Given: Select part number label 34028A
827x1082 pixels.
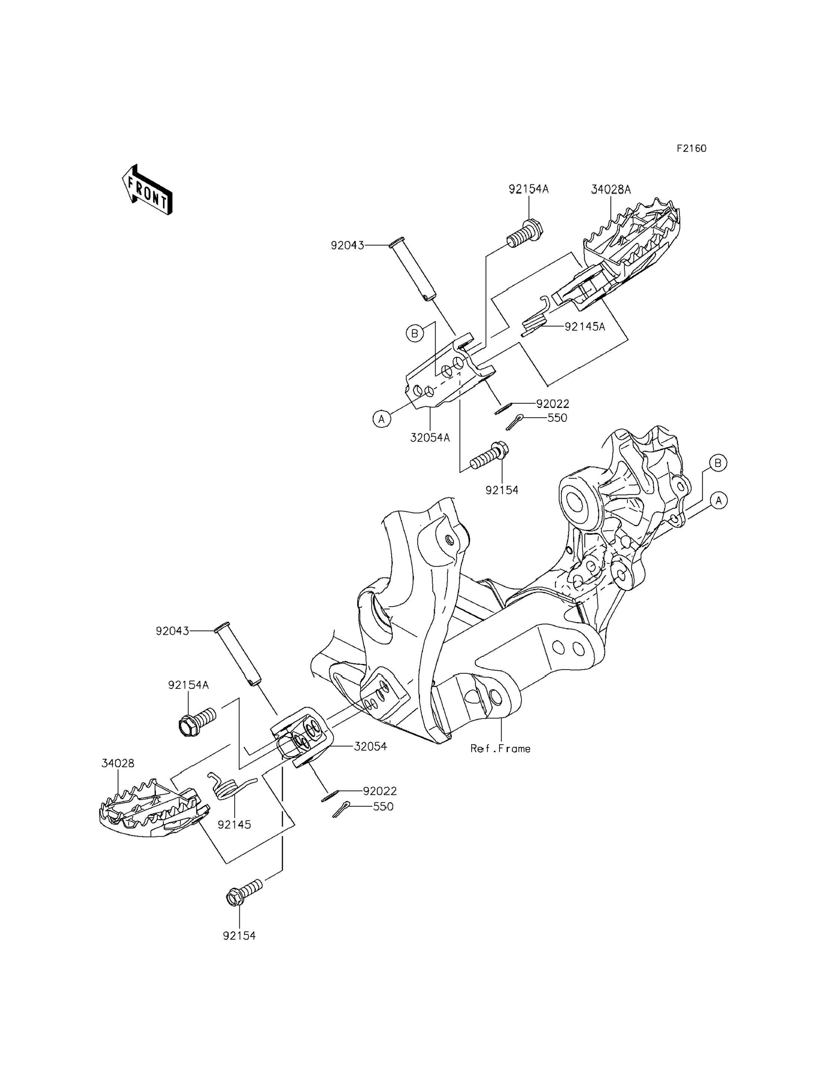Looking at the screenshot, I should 611,190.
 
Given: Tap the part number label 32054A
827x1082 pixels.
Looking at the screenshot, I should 430,437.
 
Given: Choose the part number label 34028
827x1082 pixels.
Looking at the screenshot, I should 118,764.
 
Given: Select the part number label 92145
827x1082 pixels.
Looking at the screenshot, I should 234,825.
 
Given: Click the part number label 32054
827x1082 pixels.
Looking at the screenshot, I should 370,747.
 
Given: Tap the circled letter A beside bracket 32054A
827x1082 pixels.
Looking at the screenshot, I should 382,419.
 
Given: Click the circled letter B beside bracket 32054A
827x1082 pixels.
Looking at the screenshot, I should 415,333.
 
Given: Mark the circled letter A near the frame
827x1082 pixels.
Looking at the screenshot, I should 719,501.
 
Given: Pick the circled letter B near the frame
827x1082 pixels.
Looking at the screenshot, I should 718,463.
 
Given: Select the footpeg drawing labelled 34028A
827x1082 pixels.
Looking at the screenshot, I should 630,246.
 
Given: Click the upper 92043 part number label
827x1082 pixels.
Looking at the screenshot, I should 347,245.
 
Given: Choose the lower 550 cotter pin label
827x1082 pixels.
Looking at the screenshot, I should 383,807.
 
